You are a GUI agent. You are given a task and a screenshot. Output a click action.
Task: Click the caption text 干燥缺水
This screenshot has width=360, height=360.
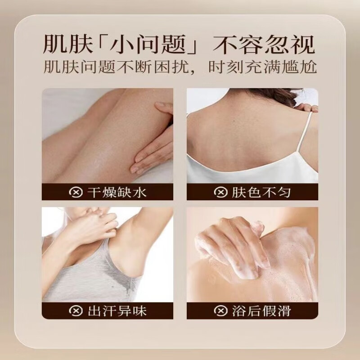click(x=117, y=193)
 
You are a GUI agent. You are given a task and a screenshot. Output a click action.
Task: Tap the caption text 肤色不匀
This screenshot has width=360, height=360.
click(x=261, y=193)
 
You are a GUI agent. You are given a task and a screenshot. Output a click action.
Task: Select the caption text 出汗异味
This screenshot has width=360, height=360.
click(x=117, y=311)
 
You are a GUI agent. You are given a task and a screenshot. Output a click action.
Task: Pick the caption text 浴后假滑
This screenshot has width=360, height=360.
click(x=261, y=311)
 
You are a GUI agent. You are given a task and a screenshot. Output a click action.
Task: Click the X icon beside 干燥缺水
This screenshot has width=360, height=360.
click(x=76, y=193)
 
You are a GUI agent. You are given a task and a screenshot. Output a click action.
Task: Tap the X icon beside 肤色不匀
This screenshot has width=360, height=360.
click(x=220, y=193)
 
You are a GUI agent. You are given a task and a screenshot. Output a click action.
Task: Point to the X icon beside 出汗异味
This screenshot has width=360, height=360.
click(x=76, y=311)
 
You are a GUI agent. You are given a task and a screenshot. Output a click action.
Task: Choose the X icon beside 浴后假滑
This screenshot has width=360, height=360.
click(x=220, y=311)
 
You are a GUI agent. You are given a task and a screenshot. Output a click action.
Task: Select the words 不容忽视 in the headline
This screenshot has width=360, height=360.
click(x=264, y=44)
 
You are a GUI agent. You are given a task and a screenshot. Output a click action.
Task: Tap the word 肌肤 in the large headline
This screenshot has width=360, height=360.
click(x=68, y=44)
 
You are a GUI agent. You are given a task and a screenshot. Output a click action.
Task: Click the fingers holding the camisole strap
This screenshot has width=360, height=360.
click(x=308, y=108)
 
